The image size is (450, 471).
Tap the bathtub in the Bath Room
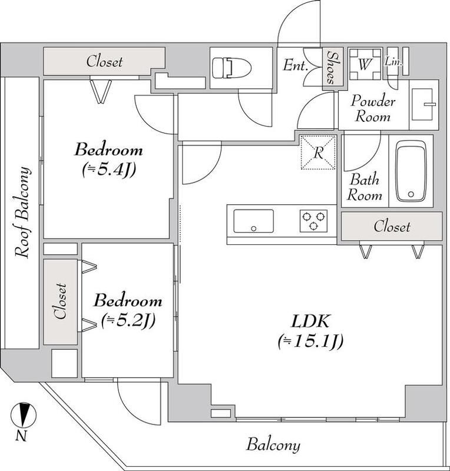412,171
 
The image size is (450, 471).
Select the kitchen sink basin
253,221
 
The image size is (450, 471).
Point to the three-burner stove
312,221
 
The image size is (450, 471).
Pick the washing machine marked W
364,64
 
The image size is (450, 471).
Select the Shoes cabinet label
331,67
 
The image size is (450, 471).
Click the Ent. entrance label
296,66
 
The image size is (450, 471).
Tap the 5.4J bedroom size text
108,170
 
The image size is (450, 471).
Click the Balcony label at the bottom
273,445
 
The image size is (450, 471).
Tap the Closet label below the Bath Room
392,226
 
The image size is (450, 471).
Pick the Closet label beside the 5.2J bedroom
60,301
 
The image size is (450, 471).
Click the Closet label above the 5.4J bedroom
104,61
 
